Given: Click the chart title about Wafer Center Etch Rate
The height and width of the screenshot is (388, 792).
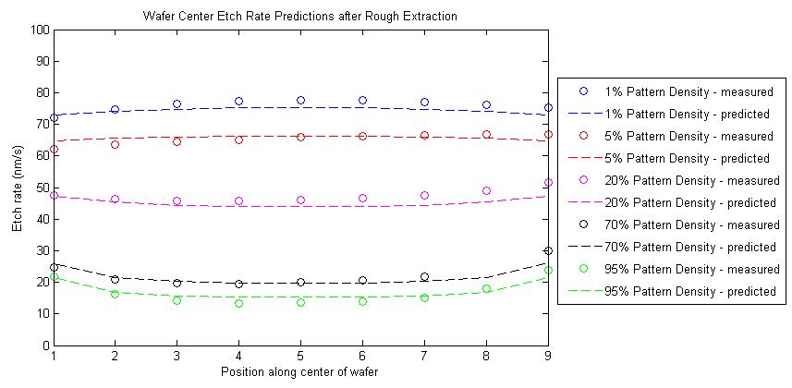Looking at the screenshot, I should (x=300, y=16).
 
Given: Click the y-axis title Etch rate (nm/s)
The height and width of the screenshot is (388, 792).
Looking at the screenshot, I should (x=16, y=187).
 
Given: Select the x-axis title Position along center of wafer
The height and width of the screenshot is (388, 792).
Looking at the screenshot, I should (x=300, y=371).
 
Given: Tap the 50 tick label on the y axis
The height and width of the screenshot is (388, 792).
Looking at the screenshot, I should (x=42, y=188).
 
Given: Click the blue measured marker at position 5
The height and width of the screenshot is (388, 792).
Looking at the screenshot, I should (x=300, y=101).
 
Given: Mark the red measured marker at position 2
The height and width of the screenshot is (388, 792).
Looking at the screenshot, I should (x=115, y=144).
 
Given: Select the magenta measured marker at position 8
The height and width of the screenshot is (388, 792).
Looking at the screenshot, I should (x=486, y=191).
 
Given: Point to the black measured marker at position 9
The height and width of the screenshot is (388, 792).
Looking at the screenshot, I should (x=548, y=250).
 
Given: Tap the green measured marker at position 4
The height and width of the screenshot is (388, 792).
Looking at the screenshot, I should (x=238, y=303).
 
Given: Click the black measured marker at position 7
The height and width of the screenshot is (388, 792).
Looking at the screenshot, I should (x=424, y=277).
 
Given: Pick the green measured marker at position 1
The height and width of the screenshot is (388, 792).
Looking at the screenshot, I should (x=54, y=276).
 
